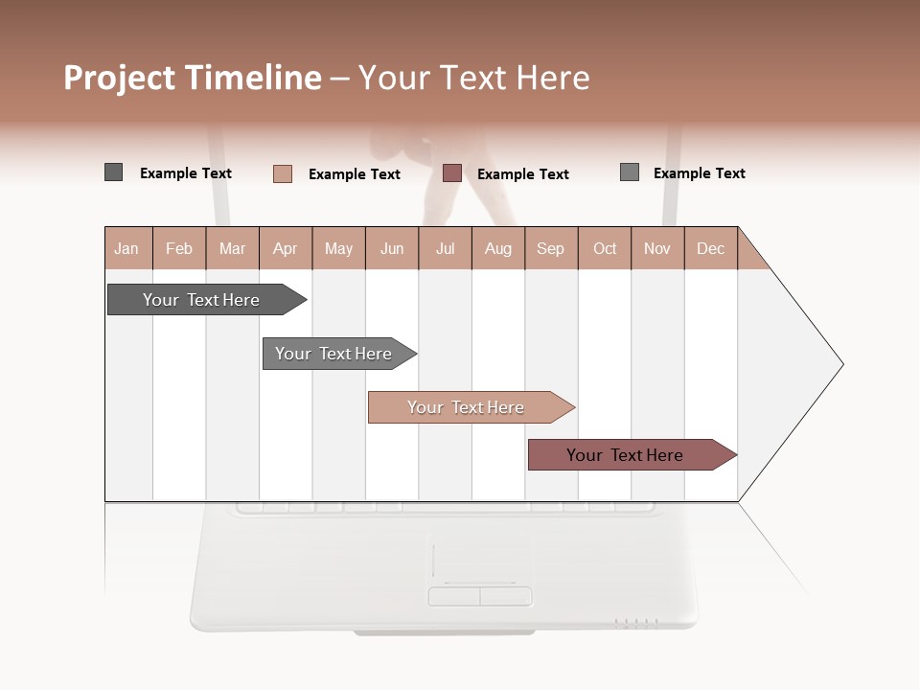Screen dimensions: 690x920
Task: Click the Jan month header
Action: pyautogui.click(x=127, y=248)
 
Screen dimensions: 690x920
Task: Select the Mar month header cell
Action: pyautogui.click(x=233, y=248)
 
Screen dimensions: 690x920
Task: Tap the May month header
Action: pyautogui.click(x=338, y=248)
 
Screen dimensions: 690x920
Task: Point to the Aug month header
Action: pyautogui.click(x=498, y=248)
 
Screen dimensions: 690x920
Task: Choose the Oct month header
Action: pyautogui.click(x=605, y=248)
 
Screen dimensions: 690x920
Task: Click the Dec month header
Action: pyautogui.click(x=711, y=248)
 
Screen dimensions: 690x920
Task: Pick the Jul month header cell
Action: pyautogui.click(x=445, y=248)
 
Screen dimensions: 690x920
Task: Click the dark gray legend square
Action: pyautogui.click(x=113, y=172)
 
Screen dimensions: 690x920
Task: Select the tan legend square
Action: pyautogui.click(x=282, y=173)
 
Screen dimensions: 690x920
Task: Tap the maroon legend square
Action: pyautogui.click(x=452, y=173)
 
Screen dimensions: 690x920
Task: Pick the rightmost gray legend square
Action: pyautogui.click(x=630, y=172)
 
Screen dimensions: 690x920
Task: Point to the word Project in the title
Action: pyautogui.click(x=120, y=78)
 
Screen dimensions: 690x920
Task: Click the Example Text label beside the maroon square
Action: pyautogui.click(x=523, y=174)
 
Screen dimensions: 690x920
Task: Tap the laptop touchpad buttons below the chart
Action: pyautogui.click(x=479, y=596)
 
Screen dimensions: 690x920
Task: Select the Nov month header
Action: pyautogui.click(x=657, y=248)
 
